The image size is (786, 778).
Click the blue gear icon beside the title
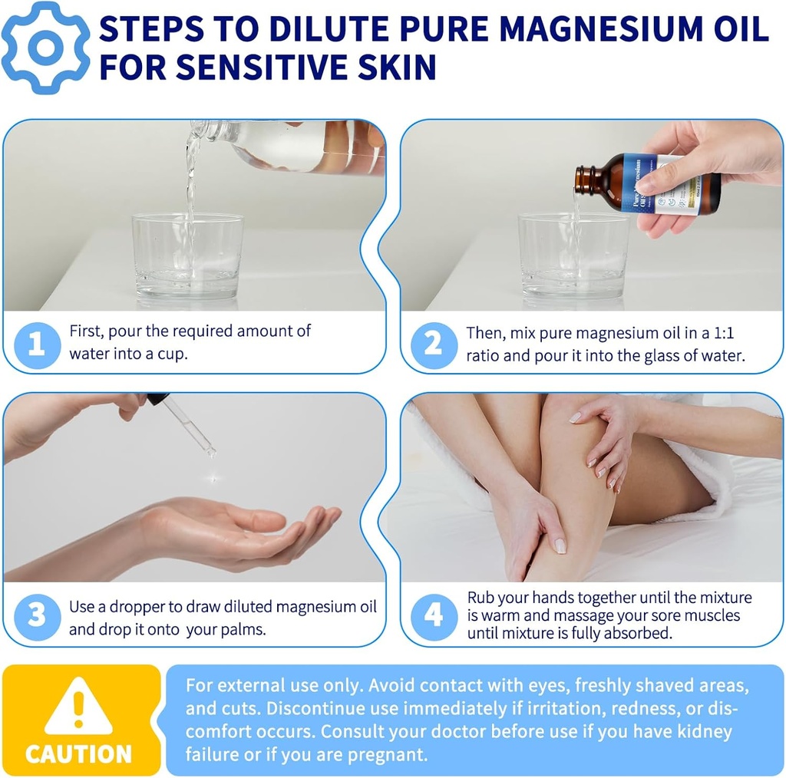45,47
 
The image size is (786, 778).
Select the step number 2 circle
434,344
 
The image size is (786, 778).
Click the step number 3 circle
36,617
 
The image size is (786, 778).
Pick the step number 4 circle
434,617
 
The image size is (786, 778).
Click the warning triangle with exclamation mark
78,706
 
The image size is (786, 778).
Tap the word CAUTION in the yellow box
78,753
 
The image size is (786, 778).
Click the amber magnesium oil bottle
649,183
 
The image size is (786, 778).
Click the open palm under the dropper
253,533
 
